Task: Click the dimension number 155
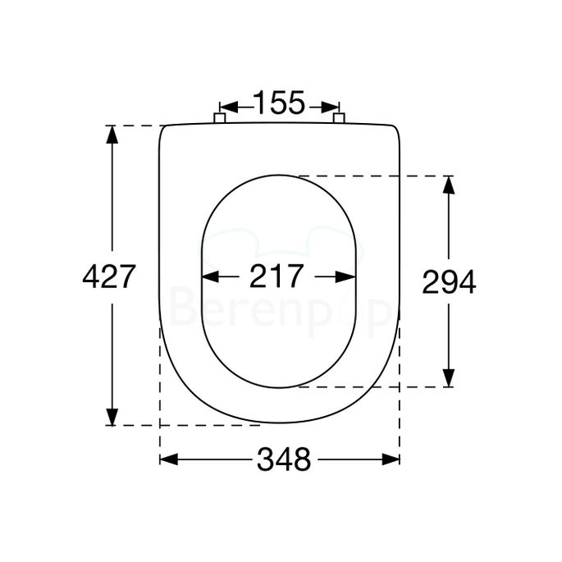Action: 279,104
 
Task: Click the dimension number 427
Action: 108,277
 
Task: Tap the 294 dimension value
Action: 449,282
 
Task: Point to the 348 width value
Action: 284,460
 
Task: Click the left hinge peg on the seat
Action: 219,119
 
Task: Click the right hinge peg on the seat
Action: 339,119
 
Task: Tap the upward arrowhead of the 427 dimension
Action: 111,134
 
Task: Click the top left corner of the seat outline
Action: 162,127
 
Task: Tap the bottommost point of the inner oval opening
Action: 279,387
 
